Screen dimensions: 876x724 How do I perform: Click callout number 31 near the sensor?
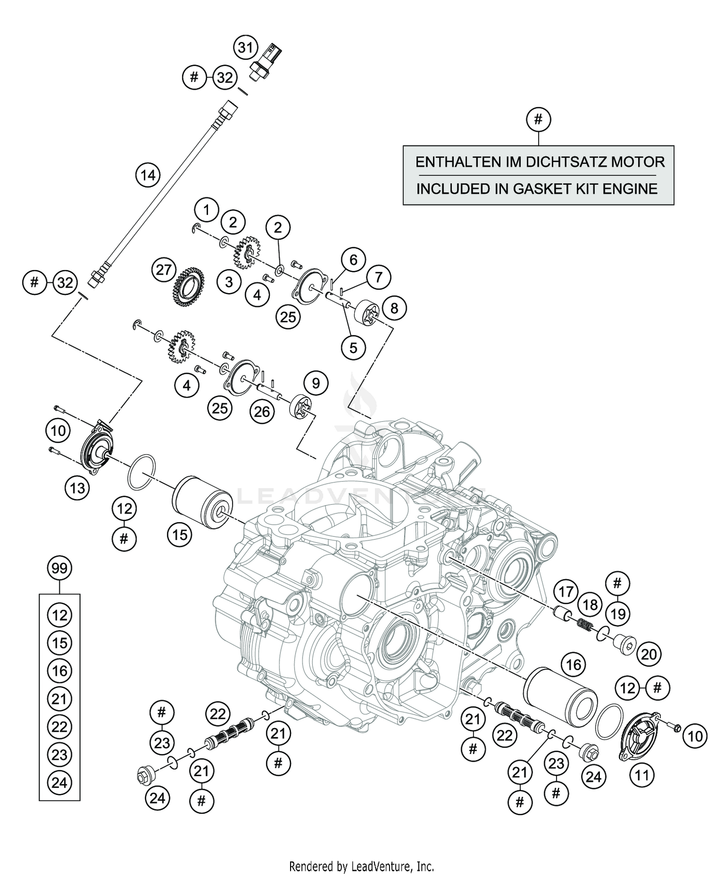coord(246,48)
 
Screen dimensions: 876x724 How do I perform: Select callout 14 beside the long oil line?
coord(148,175)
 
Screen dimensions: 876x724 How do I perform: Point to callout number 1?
coord(207,210)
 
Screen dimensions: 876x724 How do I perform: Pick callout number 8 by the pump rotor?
coord(394,308)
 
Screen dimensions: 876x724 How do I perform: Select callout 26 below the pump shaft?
coord(262,412)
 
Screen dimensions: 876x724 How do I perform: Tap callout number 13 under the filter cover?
coord(77,488)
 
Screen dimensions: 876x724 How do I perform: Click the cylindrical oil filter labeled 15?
coord(203,499)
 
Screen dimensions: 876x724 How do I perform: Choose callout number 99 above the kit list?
coord(59,568)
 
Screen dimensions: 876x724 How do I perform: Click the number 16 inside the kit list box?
coord(59,671)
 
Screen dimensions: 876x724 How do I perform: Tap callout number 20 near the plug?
coord(649,654)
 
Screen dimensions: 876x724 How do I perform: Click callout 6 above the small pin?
coord(353,260)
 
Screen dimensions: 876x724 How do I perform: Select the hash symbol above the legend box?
coord(539,119)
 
